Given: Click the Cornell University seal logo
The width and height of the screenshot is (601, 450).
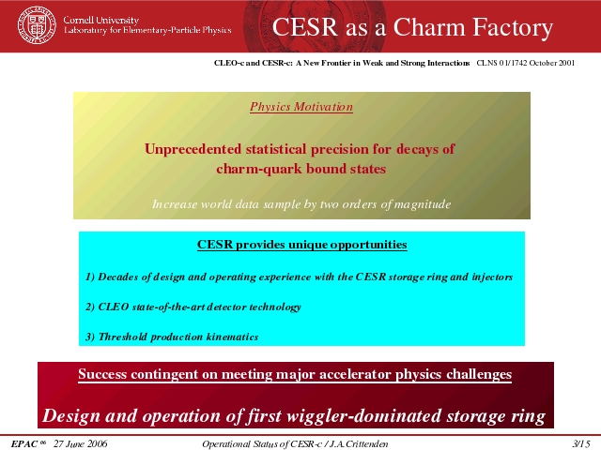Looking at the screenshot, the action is (37, 25).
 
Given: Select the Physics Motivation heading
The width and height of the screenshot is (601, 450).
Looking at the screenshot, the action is (301, 107).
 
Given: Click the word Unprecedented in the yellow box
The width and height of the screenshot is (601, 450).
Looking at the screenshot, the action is (193, 149).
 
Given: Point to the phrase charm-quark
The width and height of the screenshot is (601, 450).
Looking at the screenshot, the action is (254, 169).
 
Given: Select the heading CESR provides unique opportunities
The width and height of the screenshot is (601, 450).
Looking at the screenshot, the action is (302, 245).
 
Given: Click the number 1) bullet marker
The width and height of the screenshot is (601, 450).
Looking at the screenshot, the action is (90, 277).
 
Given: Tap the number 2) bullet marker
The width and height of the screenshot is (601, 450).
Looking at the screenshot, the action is (90, 307).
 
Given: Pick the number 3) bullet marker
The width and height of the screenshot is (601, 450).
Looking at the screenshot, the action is (90, 337).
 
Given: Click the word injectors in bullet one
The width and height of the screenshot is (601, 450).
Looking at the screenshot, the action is (492, 277).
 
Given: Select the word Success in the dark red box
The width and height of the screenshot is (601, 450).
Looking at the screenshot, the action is (102, 374).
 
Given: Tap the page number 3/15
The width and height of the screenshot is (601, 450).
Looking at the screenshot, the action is (581, 443).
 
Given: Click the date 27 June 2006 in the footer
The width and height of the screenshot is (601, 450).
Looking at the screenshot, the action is (81, 443).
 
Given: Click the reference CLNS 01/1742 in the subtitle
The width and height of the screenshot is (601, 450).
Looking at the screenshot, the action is (501, 63).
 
